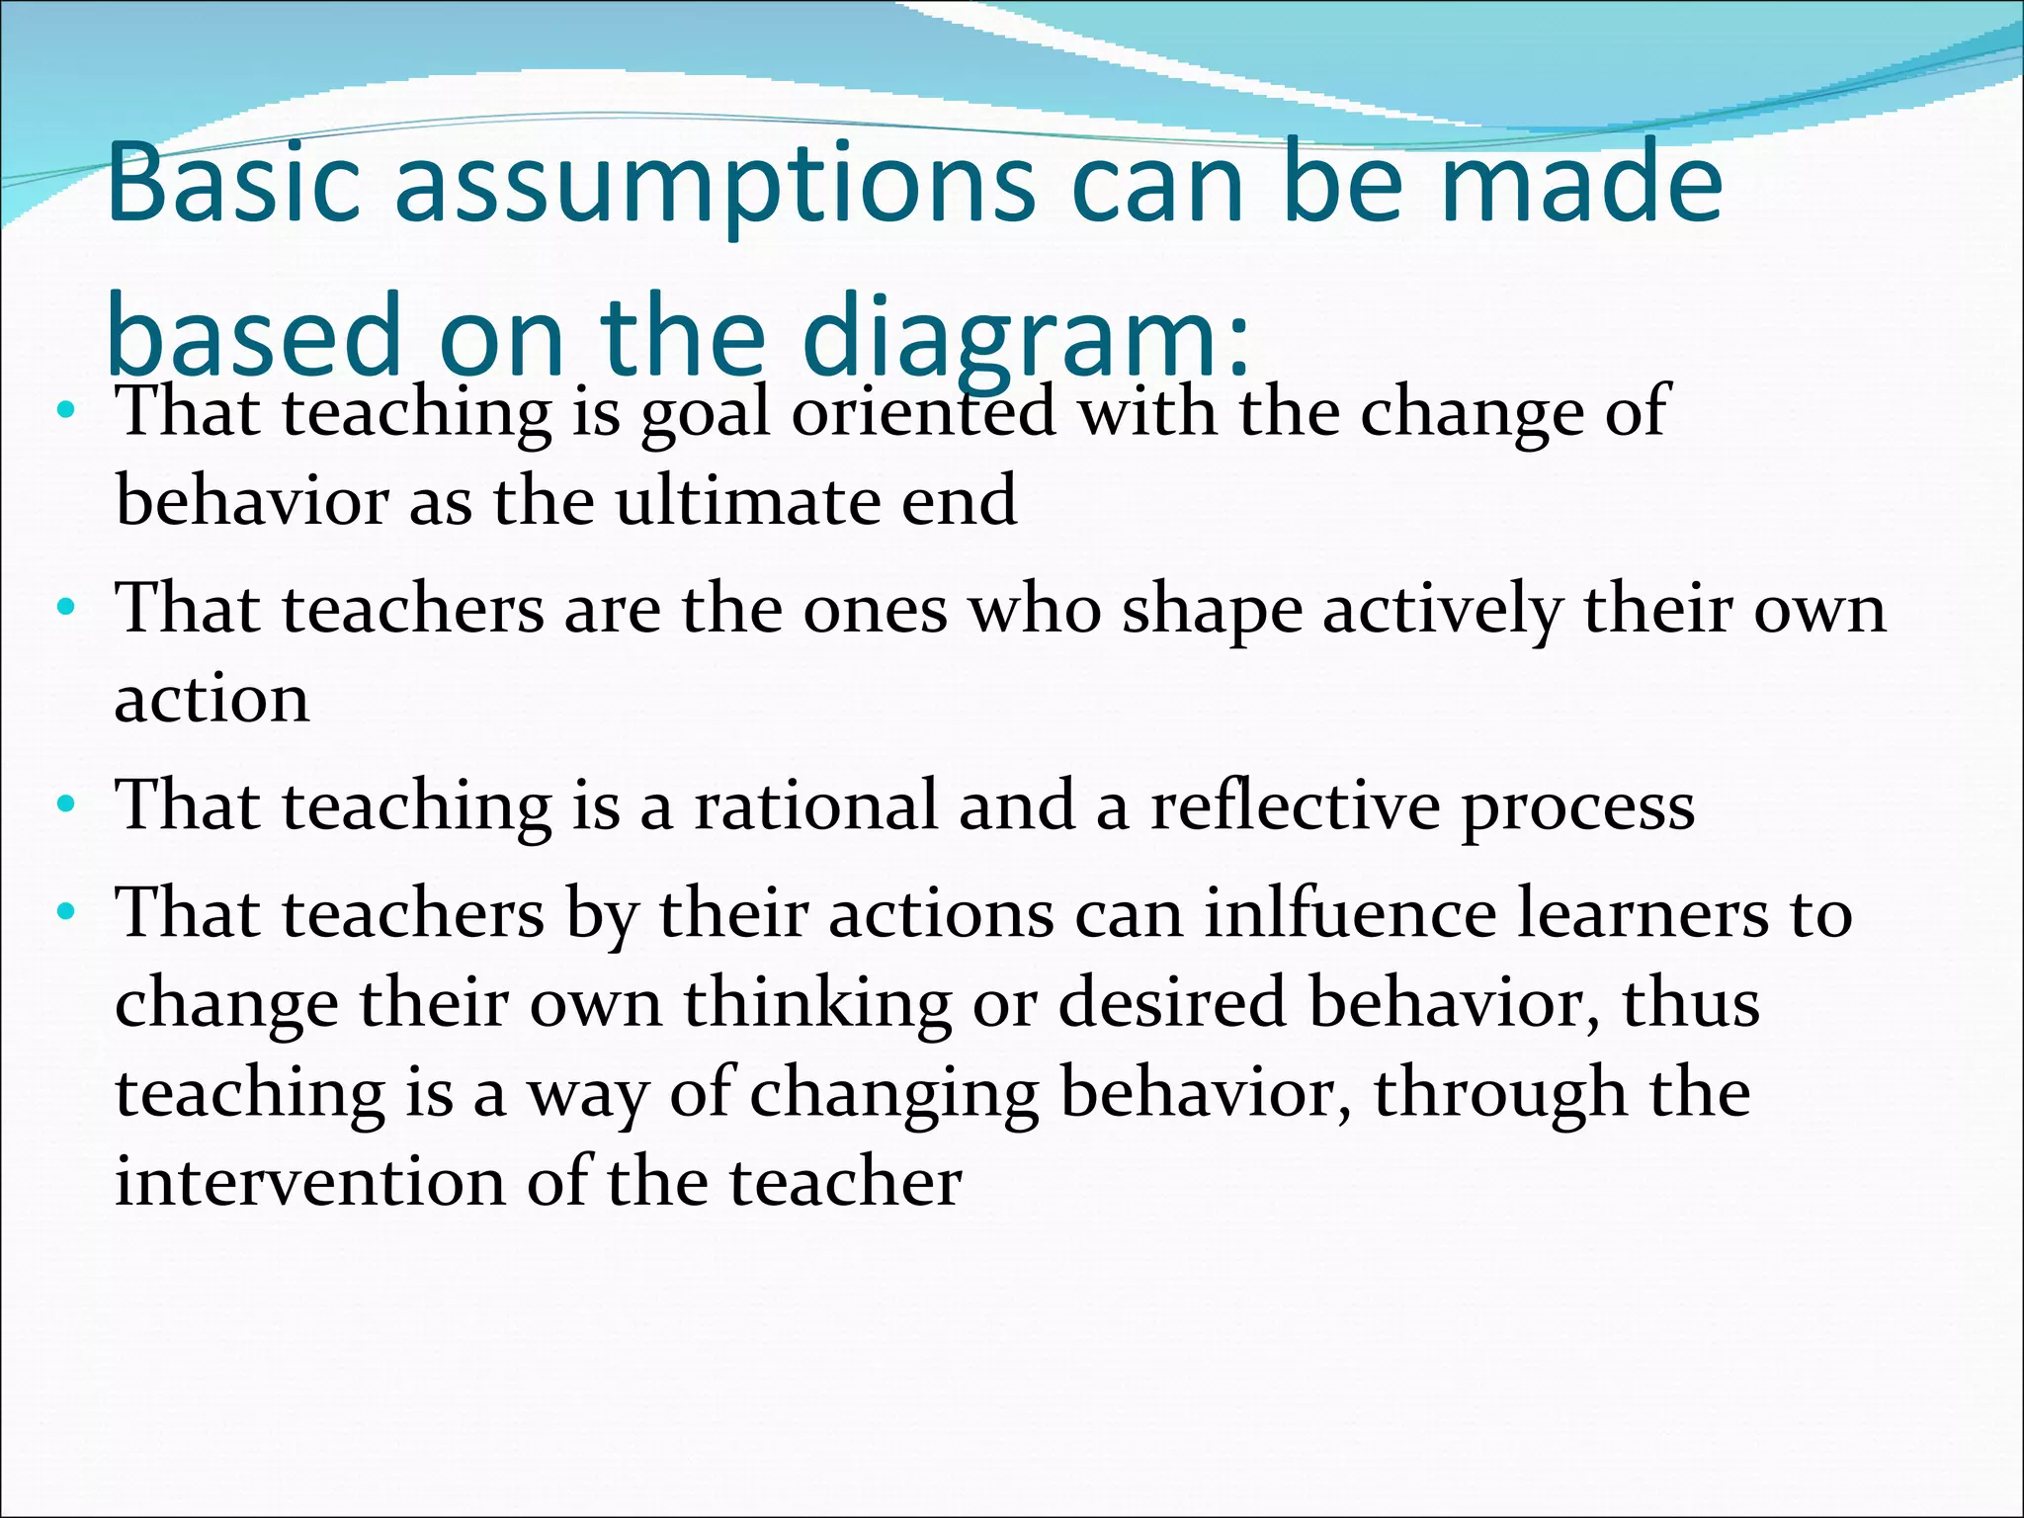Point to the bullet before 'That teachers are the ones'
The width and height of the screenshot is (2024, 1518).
point(66,607)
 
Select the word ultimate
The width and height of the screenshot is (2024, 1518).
point(747,500)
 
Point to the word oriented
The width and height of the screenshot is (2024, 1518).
point(923,410)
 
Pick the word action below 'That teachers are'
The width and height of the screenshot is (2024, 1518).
point(212,698)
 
